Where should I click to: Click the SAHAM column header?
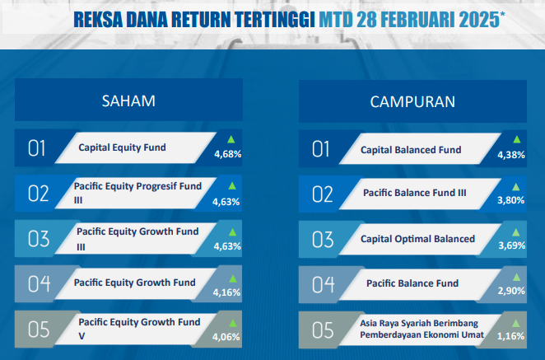(128, 101)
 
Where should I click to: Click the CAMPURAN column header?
(412, 102)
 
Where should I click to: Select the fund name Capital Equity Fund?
(122, 147)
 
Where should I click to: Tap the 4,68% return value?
(228, 154)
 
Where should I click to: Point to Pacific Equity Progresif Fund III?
(137, 193)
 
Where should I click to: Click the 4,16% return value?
(226, 292)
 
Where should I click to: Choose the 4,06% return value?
(226, 337)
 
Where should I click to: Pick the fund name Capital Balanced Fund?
(411, 150)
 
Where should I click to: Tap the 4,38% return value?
(511, 155)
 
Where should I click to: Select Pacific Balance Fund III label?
(415, 193)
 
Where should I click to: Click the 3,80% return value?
(511, 200)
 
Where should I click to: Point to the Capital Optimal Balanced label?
(417, 239)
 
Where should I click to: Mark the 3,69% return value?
(512, 245)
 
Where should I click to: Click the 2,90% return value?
(511, 291)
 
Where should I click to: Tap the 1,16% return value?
(510, 336)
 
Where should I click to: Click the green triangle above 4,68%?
(231, 140)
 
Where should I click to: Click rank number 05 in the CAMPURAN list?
(323, 330)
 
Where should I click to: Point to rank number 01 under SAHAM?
(36, 148)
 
